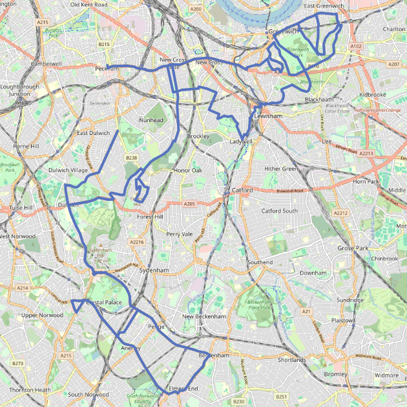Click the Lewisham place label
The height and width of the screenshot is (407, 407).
pyautogui.click(x=268, y=116)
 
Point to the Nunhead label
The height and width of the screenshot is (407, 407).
pyautogui.click(x=151, y=120)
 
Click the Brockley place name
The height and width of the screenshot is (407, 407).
pyautogui.click(x=198, y=137)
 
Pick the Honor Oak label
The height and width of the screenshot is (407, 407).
pyautogui.click(x=188, y=171)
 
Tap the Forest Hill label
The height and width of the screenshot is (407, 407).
pyautogui.click(x=150, y=217)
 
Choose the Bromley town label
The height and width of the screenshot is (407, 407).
pyautogui.click(x=335, y=374)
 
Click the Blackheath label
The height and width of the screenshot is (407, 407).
pyautogui.click(x=319, y=100)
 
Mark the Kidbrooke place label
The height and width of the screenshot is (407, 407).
pyautogui.click(x=372, y=94)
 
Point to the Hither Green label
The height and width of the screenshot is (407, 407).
pyautogui.click(x=281, y=169)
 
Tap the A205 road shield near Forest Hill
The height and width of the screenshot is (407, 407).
pyautogui.click(x=189, y=204)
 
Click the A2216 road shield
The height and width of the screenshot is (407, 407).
pyautogui.click(x=136, y=242)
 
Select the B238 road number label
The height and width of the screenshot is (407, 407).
pyautogui.click(x=132, y=158)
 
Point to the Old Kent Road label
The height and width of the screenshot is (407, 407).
pyautogui.click(x=89, y=5)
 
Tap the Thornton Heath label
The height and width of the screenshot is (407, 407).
pyautogui.click(x=30, y=390)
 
